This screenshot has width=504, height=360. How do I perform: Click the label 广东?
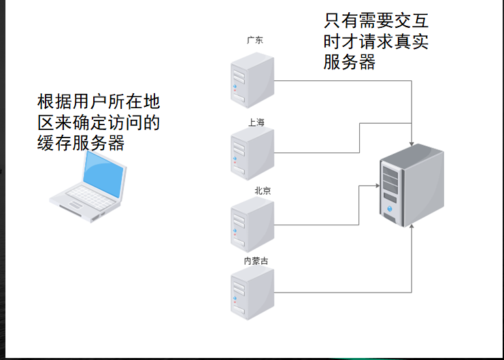click(x=254, y=40)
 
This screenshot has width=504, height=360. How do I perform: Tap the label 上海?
click(x=256, y=122)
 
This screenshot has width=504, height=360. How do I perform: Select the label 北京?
click(x=263, y=191)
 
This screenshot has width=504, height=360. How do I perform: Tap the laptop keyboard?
click(x=86, y=198)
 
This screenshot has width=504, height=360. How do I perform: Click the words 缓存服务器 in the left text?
click(x=82, y=143)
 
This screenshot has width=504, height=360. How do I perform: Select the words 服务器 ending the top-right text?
click(x=350, y=63)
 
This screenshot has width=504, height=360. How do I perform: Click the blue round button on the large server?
click(x=389, y=208)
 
